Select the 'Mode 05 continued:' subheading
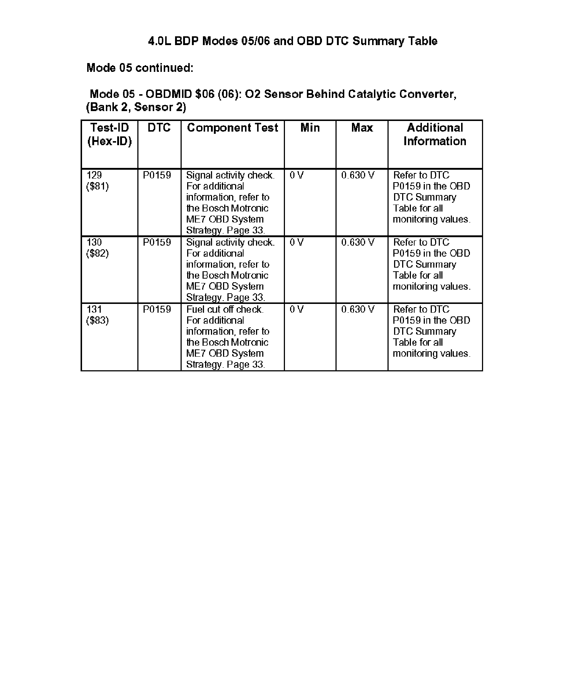coord(140,68)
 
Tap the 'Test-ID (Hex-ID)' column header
coord(110,134)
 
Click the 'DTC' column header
coord(159,128)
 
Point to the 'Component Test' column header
coord(233,128)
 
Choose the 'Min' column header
coord(310,128)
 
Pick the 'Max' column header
coord(362,128)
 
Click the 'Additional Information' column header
coord(435,134)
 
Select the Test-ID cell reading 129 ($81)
coord(97,181)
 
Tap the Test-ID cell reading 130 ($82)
coord(97,248)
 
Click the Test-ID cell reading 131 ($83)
coord(97,315)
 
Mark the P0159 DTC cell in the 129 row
coord(157,175)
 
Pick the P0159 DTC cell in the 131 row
coord(157,309)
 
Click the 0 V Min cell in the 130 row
coord(296,242)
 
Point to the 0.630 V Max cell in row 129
coord(358,175)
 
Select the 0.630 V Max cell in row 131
coord(358,309)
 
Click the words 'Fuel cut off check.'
coord(225,309)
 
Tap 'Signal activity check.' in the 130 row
coord(230,242)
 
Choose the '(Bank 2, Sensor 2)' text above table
coord(136,107)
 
